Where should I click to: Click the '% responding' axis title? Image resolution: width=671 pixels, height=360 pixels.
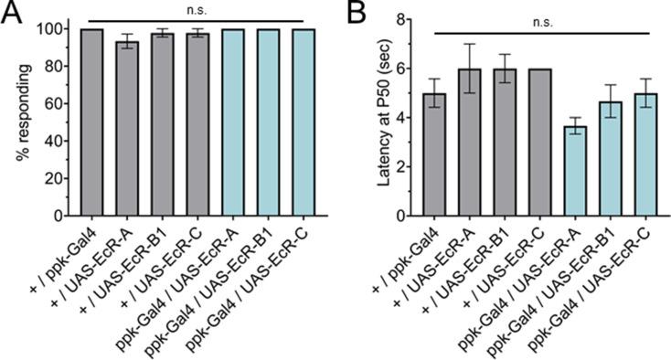(18, 117)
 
